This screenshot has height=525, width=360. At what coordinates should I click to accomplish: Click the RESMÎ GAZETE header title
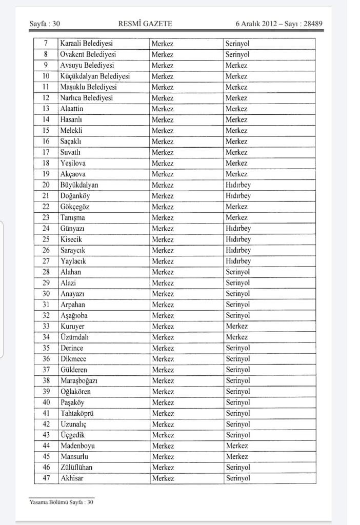(145, 24)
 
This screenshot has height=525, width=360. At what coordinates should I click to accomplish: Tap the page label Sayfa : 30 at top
(45, 24)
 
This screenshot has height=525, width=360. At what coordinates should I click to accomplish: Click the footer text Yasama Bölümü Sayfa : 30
(62, 502)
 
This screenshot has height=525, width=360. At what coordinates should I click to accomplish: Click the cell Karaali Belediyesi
(86, 44)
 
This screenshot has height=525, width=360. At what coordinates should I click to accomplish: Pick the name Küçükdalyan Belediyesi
(95, 76)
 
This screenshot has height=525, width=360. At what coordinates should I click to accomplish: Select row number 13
(46, 109)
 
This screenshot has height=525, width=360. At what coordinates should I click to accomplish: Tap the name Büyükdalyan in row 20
(79, 185)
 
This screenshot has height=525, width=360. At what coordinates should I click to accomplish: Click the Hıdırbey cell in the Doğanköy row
(238, 196)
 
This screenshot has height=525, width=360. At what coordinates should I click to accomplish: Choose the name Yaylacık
(73, 261)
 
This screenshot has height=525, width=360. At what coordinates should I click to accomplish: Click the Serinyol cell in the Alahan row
(237, 272)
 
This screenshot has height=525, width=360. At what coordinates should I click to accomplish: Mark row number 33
(46, 326)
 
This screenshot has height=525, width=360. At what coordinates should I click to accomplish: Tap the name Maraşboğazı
(79, 380)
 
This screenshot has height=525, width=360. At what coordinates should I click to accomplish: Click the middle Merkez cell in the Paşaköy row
(163, 402)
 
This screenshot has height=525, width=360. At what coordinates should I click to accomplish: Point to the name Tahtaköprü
(77, 413)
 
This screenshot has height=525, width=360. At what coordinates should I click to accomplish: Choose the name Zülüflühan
(76, 468)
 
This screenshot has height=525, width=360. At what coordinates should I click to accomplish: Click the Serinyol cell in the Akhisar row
(237, 478)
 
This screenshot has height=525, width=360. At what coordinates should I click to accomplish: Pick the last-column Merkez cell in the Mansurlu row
(236, 457)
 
